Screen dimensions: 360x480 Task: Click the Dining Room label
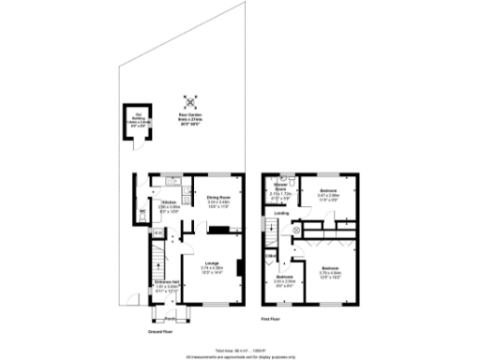217,199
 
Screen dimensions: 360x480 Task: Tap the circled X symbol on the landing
297,228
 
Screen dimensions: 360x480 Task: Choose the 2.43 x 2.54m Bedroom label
284,279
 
